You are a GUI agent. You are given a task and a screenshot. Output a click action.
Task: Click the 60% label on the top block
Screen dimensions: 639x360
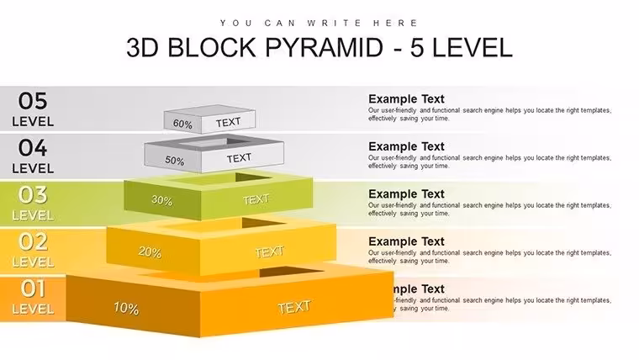pyautogui.click(x=182, y=124)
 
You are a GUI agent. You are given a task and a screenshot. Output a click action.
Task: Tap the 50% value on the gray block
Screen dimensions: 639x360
pyautogui.click(x=174, y=161)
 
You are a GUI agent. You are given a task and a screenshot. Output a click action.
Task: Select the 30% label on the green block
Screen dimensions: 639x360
pyautogui.click(x=161, y=200)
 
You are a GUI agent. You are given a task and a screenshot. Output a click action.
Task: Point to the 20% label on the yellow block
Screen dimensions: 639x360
pyautogui.click(x=150, y=252)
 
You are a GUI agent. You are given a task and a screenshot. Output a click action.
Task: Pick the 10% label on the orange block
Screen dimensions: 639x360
pyautogui.click(x=126, y=308)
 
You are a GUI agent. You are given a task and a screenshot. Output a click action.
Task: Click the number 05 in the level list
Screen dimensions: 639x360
pyautogui.click(x=33, y=101)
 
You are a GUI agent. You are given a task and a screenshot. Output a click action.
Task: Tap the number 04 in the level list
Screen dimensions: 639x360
pyautogui.click(x=33, y=147)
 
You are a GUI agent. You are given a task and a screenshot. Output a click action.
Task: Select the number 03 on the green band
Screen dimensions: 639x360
pyautogui.click(x=33, y=195)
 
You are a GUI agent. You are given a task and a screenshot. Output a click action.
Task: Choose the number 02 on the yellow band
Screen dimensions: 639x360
pyautogui.click(x=33, y=241)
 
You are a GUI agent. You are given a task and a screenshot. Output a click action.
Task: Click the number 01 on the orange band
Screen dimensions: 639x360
pyautogui.click(x=33, y=289)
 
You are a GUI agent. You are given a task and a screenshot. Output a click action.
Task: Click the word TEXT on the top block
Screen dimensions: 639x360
pyautogui.click(x=228, y=122)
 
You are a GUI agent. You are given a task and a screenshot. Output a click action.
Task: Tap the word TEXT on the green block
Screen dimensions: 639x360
pyautogui.click(x=256, y=199)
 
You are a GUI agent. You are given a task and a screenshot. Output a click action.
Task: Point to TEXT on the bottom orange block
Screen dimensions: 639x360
pyautogui.click(x=294, y=307)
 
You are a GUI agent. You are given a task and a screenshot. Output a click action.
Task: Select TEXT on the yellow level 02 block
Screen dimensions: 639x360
pyautogui.click(x=269, y=252)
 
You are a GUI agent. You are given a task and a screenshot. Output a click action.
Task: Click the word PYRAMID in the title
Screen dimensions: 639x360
pyautogui.click(x=325, y=47)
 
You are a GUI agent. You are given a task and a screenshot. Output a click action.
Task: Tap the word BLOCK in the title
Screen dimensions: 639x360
pyautogui.click(x=212, y=47)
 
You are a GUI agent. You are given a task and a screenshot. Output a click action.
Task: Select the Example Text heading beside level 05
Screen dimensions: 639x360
pyautogui.click(x=406, y=99)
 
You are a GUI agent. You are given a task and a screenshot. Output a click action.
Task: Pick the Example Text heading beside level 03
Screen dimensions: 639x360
pyautogui.click(x=406, y=194)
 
